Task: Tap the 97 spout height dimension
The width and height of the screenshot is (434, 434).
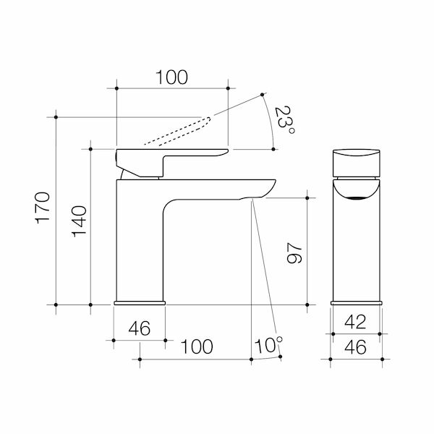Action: click(293, 250)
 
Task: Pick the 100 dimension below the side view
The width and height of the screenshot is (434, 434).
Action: click(196, 346)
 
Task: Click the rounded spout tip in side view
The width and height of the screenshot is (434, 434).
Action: click(268, 187)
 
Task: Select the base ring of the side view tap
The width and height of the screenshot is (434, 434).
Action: click(140, 300)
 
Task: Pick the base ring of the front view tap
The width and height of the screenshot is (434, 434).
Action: click(356, 300)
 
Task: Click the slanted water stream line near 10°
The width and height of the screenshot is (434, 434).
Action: click(263, 275)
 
